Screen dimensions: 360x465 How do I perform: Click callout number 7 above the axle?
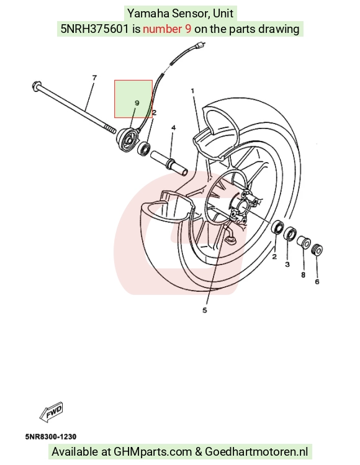coord(94,78)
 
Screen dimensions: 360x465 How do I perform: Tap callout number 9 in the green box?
coord(137,103)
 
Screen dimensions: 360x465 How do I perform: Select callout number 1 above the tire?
coord(193,91)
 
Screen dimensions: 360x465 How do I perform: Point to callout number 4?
coord(173,127)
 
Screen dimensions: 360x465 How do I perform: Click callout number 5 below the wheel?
coord(205,310)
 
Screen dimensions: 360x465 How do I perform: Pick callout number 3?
coord(287,264)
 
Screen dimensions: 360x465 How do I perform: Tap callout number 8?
coord(303,275)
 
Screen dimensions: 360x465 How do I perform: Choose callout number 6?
coord(317,281)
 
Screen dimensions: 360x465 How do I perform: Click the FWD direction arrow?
coord(51,412)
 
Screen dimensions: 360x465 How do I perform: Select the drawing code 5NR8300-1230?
coord(51,436)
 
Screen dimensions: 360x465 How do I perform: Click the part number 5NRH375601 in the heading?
coord(95,29)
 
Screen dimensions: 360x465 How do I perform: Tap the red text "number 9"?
coord(167,29)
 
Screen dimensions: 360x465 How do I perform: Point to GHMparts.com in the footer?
coord(153,452)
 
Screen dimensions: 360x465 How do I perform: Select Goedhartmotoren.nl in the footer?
coord(256,452)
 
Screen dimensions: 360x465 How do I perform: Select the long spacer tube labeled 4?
coord(169,163)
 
